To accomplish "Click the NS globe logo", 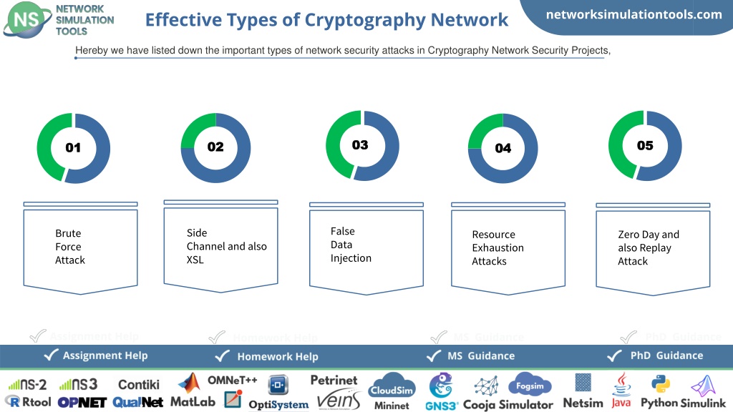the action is [x=27, y=19].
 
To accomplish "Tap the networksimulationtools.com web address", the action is [x=634, y=14].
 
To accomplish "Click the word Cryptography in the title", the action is [x=364, y=20].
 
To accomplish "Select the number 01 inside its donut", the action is [x=73, y=147].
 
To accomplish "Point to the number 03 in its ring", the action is [x=360, y=144].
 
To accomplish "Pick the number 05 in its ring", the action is [x=645, y=145].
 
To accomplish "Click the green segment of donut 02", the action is [x=196, y=131].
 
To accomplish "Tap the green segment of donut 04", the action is [x=484, y=132].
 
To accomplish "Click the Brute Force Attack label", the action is [x=70, y=247].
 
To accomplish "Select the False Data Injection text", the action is [x=351, y=245].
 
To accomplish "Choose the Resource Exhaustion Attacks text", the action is [x=497, y=247].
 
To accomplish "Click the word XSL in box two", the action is [x=195, y=260].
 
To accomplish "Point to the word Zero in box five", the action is [x=628, y=235].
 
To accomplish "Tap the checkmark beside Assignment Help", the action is [x=51, y=355].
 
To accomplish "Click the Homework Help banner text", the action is [x=278, y=357].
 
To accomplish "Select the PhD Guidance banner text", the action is [x=666, y=355].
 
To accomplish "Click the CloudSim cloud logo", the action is [x=392, y=386].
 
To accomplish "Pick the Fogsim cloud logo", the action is [x=530, y=384].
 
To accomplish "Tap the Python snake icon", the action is [x=660, y=384].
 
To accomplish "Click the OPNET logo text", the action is [x=82, y=402].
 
